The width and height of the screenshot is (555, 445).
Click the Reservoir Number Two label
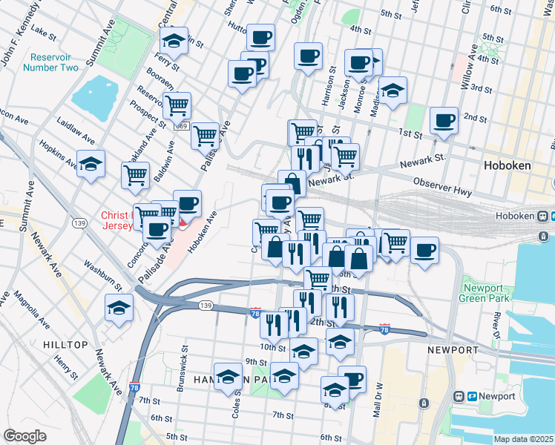click(x=50, y=62)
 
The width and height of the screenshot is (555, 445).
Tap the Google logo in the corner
click(x=24, y=436)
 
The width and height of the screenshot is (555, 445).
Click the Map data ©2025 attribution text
click(x=523, y=439)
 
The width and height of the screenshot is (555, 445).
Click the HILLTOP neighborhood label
click(x=65, y=345)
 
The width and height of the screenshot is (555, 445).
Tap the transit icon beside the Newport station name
click(x=460, y=397)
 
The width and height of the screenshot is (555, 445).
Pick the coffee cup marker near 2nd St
click(x=445, y=121)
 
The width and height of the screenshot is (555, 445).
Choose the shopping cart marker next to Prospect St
click(x=177, y=106)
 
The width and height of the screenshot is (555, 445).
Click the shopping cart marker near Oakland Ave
click(x=136, y=175)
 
